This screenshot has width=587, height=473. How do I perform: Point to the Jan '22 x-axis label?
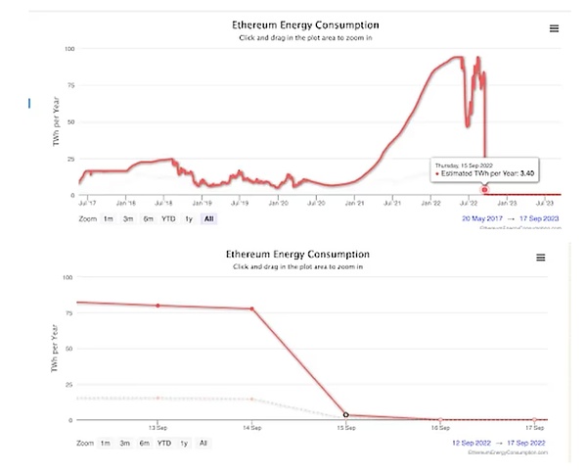click(431, 203)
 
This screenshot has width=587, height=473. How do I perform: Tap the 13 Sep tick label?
click(158, 428)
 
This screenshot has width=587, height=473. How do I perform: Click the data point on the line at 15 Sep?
click(346, 415)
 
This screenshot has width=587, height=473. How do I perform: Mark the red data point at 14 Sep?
click(252, 308)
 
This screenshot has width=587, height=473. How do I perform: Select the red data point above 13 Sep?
click(158, 306)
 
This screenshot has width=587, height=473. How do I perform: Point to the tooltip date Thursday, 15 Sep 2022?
click(464, 165)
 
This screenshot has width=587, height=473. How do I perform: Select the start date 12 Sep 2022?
click(478, 444)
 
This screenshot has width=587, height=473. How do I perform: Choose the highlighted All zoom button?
click(208, 218)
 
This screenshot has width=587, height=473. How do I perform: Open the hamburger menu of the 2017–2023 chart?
click(554, 28)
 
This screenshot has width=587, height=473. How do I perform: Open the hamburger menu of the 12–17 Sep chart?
click(539, 257)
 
